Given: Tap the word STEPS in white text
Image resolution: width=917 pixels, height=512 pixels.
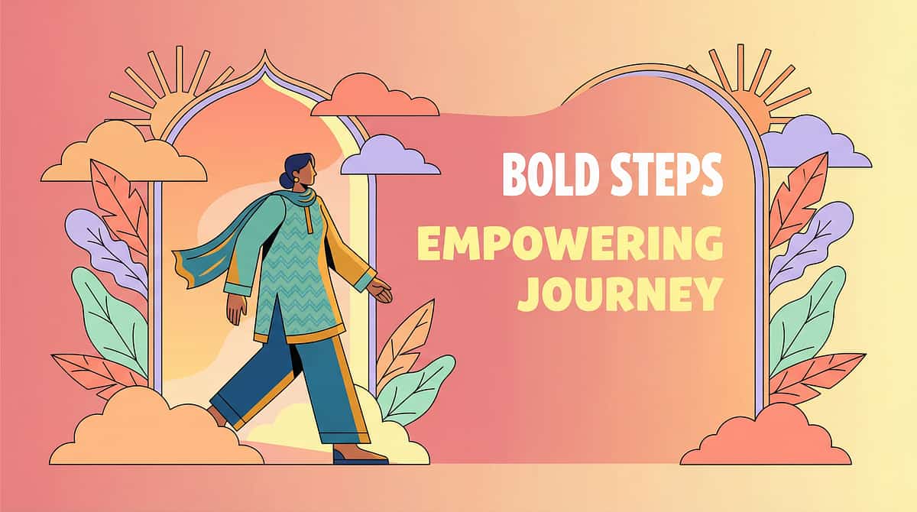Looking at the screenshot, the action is click(667, 174).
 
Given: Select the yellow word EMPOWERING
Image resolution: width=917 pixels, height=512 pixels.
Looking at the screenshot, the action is click(570, 243).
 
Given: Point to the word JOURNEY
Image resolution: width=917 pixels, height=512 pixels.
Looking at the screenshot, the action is click(620, 294).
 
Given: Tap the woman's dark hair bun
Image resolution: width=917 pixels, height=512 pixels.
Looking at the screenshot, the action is click(285, 180).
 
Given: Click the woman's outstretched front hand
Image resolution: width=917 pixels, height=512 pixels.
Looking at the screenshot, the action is click(380, 290).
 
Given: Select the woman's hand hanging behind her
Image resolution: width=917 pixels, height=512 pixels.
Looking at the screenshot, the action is click(237, 309).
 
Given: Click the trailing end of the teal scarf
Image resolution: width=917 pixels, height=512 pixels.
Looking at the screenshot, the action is click(184, 268).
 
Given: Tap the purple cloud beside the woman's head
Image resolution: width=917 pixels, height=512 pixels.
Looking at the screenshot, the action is click(390, 156).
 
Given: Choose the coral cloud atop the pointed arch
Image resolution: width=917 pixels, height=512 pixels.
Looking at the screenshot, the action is click(374, 96).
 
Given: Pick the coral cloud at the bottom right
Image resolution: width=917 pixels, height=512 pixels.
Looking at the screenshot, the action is click(765, 436).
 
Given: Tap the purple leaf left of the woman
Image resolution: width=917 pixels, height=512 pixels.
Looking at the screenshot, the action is click(105, 250).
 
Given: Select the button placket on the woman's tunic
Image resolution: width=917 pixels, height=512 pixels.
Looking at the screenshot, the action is click(309, 221).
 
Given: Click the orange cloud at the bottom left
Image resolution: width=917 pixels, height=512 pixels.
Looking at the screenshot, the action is click(156, 429).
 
